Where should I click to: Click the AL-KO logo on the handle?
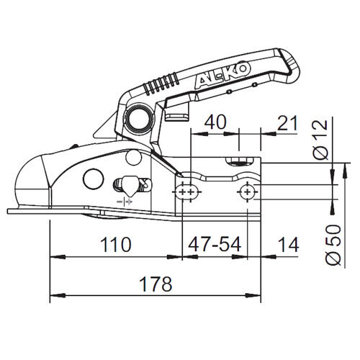[222, 75]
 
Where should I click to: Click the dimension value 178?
[156, 284]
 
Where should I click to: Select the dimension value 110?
[116, 245]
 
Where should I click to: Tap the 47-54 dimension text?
[215, 245]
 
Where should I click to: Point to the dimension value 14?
[288, 245]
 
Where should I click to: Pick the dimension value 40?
[215, 122]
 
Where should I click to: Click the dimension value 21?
[287, 123]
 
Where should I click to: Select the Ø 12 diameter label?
[321, 140]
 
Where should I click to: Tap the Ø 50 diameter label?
[333, 245]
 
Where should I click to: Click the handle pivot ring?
[138, 118]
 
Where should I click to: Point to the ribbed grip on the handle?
[161, 84]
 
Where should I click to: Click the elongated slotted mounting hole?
[187, 192]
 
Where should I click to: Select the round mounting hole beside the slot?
[247, 192]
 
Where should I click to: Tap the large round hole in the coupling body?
[94, 179]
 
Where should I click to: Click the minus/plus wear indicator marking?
[125, 202]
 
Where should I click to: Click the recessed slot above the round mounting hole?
[240, 161]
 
